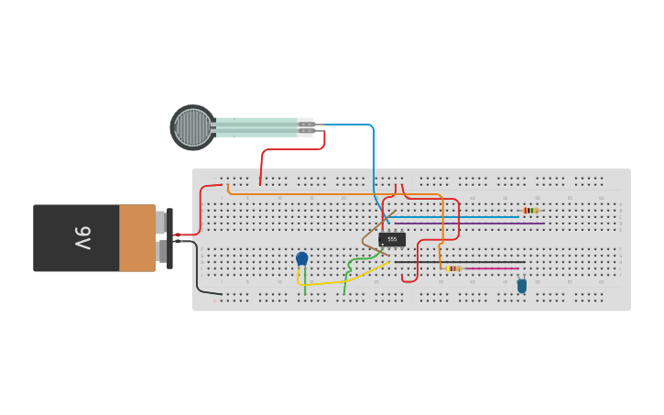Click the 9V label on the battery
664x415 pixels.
coord(82,238)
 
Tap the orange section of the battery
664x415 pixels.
coord(137,238)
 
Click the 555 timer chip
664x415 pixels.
coord(392,239)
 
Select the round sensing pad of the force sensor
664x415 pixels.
coord(192,127)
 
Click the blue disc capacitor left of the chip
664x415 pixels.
coord(302,258)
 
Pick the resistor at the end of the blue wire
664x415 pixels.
coord(530,211)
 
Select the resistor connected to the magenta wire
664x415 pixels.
coord(453,268)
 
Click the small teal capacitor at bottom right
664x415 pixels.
coord(522,286)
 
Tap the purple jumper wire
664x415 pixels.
coord(476,223)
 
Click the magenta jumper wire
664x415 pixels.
coord(495,268)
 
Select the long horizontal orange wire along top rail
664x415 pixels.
coord(302,194)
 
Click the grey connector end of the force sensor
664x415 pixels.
coord(305,127)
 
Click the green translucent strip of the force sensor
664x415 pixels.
coord(256,127)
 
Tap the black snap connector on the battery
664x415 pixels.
coord(169,238)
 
